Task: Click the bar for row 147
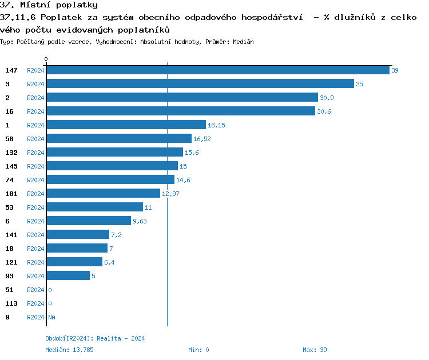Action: [217, 70]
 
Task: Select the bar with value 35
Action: [200, 83]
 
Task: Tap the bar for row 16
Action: [181, 111]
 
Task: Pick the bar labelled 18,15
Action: [126, 125]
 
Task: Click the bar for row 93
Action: [68, 275]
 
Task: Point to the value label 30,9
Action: [327, 98]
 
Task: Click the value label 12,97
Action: [170, 194]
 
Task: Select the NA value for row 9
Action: [51, 317]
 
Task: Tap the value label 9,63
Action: [140, 221]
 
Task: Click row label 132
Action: [11, 153]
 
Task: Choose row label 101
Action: [11, 194]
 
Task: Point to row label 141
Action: [11, 235]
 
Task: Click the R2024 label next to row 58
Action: [35, 139]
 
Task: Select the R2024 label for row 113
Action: [35, 303]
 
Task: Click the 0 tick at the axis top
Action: [46, 59]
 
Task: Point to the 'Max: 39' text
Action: [315, 350]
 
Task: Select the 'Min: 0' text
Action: [198, 350]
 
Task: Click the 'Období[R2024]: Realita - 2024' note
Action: [95, 338]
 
